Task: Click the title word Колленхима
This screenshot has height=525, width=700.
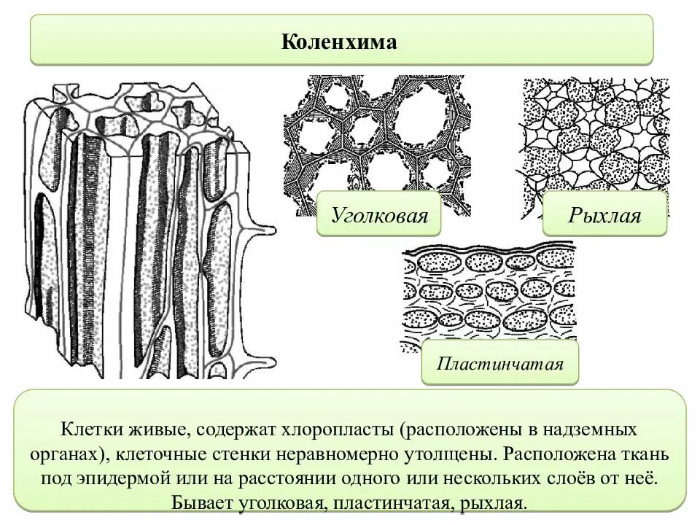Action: click(339, 42)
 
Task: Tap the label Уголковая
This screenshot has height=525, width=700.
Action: click(378, 214)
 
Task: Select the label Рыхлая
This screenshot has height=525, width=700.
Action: click(604, 214)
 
